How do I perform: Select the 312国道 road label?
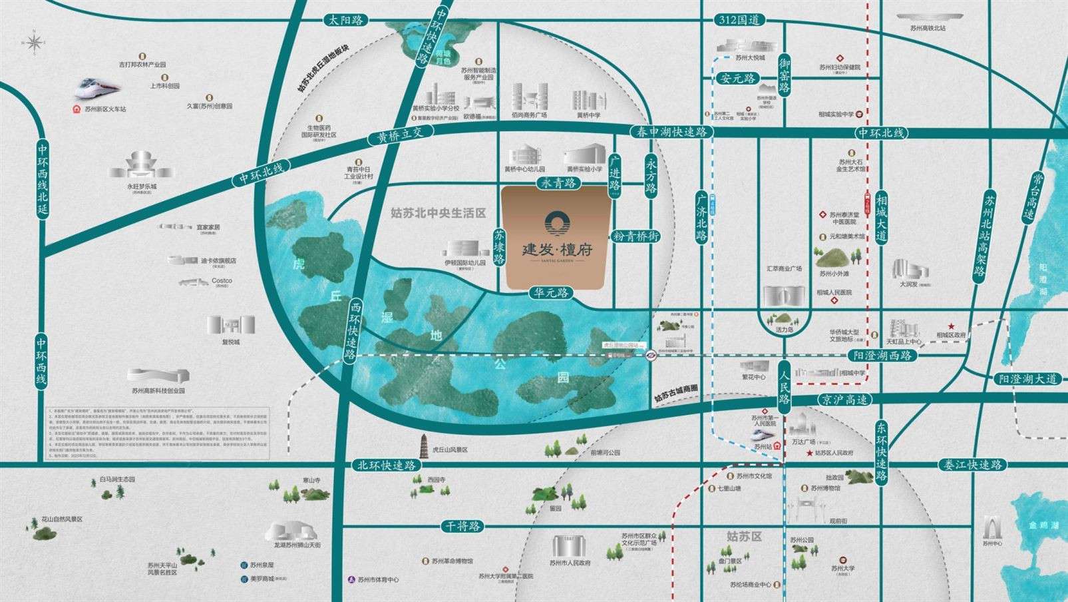739,20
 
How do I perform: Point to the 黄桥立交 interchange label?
396,136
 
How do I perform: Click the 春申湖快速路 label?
672,132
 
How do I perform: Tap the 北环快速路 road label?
386,465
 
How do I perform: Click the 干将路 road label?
460,526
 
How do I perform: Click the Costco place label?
222,281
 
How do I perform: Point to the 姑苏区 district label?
743,536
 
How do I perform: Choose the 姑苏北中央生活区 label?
439,213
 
